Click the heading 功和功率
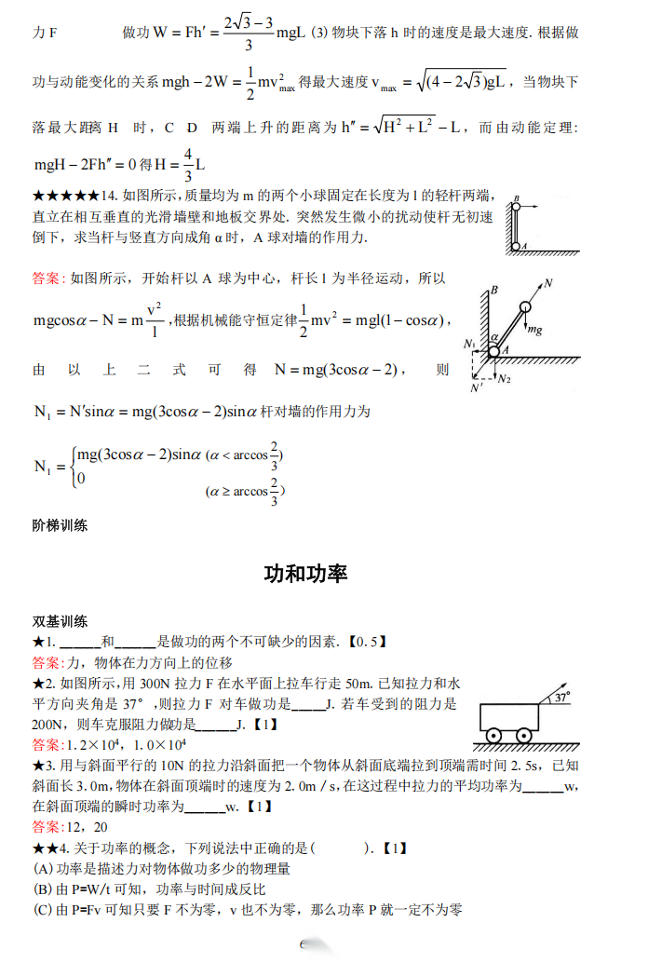[306, 574]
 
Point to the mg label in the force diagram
[534, 329]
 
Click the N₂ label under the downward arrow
[504, 379]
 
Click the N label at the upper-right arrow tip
[548, 282]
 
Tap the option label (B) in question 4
[42, 888]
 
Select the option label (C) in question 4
[42, 909]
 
